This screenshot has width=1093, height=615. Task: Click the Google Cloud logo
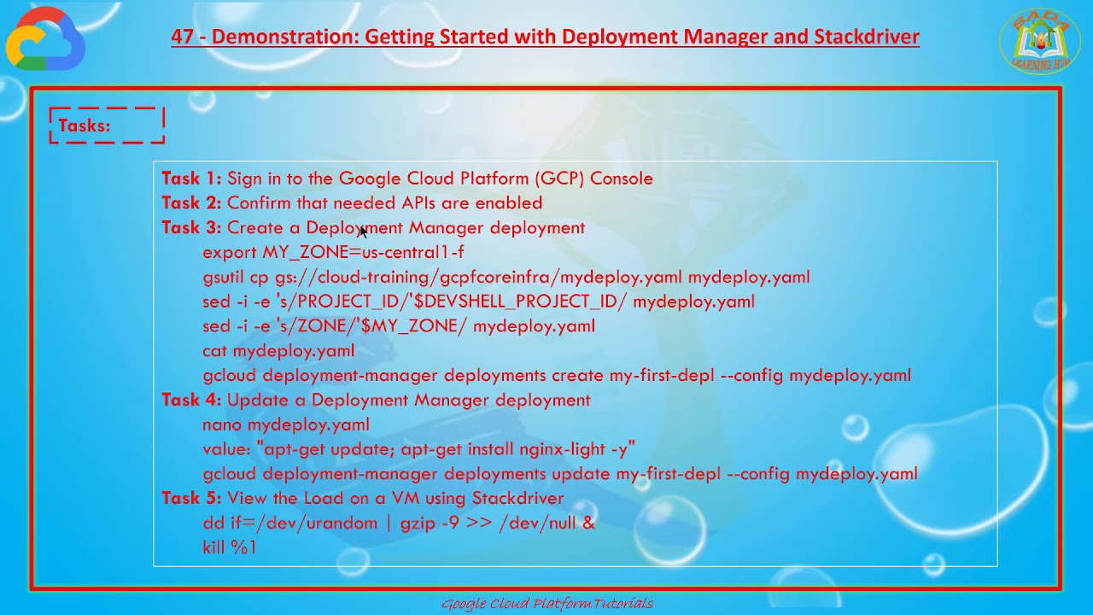[45, 39]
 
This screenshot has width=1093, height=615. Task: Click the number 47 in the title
[182, 37]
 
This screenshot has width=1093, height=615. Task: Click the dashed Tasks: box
[107, 126]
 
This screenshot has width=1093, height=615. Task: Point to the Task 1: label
[191, 179]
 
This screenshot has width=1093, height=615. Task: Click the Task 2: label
[191, 203]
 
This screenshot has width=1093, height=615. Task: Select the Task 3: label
[191, 228]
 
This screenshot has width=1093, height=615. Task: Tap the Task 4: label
[191, 401]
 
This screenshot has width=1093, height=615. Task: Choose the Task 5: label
[191, 499]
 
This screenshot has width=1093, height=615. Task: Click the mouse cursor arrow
[363, 231]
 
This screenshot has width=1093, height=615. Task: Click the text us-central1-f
[413, 253]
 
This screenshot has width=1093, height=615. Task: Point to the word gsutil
[223, 278]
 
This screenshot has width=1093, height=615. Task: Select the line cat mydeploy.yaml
[278, 351]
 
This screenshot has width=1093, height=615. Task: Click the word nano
[222, 425]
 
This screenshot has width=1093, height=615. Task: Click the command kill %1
[229, 548]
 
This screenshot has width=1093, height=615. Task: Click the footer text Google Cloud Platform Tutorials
[546, 604]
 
